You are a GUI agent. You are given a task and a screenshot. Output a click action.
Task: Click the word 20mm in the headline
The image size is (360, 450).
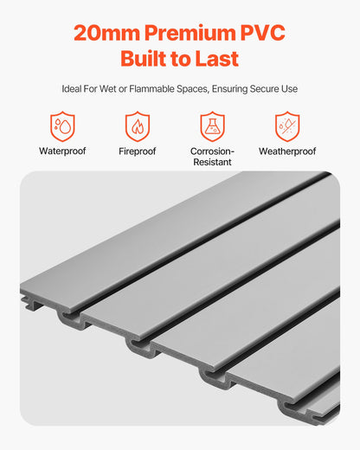coord(101,33)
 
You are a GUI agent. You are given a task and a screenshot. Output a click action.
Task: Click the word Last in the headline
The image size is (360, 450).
coord(216,60)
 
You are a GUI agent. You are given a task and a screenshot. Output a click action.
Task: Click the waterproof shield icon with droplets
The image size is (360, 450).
coord(62,126)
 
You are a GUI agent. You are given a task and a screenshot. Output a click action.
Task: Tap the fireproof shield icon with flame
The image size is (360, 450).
coord(138,126)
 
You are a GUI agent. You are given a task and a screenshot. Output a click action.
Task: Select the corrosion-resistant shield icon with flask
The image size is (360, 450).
coord(212,126)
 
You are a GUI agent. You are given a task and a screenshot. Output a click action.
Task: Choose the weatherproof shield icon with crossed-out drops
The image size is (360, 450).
coord(286,126)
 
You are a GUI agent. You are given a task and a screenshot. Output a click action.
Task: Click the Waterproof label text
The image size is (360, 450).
coord(62,151)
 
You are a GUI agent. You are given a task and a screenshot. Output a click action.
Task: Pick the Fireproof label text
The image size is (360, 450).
coord(138,151)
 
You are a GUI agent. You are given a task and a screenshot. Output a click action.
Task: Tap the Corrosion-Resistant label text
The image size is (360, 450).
coord(212,157)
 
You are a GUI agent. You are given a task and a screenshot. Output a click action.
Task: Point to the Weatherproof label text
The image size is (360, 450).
coord(286,151)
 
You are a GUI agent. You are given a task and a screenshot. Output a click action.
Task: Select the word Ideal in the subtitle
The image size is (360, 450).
coord(74,89)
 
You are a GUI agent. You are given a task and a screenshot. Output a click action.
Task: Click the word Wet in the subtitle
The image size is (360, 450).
coord(113,89)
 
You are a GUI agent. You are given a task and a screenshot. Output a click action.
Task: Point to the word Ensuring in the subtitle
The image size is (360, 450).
coord(234,89)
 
